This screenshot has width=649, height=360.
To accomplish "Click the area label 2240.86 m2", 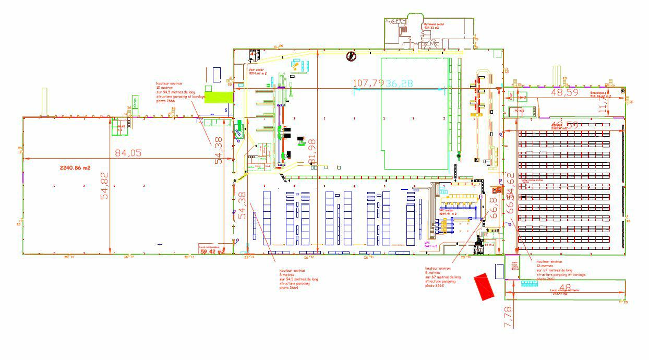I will click(x=72, y=168).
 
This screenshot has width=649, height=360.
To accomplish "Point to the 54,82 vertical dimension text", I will click(x=105, y=186).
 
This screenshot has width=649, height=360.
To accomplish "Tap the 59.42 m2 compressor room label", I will click(x=212, y=251).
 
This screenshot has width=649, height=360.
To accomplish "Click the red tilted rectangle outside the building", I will click(x=484, y=286).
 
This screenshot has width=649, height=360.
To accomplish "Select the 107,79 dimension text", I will click(x=368, y=83).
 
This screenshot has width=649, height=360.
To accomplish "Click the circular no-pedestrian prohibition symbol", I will click(x=351, y=56).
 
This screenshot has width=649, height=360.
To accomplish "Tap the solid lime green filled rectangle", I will click(x=218, y=97).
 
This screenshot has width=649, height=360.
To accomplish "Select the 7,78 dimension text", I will click(x=509, y=317).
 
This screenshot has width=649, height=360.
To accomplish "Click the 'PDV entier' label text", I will click(x=258, y=71).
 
